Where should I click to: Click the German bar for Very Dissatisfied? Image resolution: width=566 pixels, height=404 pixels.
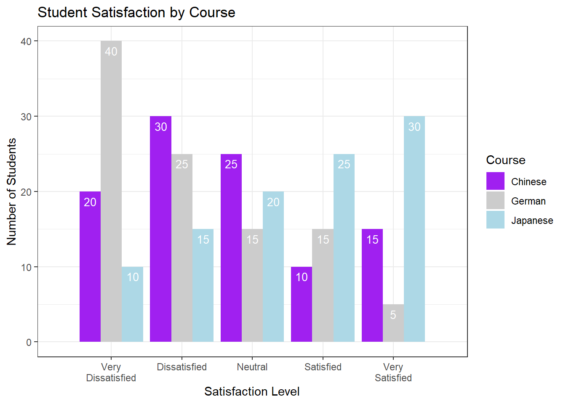pyautogui.click(x=111, y=191)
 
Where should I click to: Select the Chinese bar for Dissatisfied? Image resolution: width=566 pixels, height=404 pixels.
pyautogui.click(x=160, y=229)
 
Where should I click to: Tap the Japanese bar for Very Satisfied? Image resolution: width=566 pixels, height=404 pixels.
pyautogui.click(x=414, y=229)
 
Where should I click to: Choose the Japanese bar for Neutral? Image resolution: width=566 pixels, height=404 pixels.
pyautogui.click(x=273, y=267)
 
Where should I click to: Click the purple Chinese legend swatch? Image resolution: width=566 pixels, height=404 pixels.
pyautogui.click(x=495, y=181)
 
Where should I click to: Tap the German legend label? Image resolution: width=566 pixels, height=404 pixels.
pyautogui.click(x=528, y=201)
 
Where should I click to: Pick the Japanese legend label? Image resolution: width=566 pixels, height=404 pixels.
pyautogui.click(x=532, y=221)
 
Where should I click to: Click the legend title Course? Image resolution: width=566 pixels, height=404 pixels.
pyautogui.click(x=505, y=160)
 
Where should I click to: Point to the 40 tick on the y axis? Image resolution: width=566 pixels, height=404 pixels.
pyautogui.click(x=26, y=41)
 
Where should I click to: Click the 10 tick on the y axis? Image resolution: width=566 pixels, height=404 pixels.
pyautogui.click(x=26, y=267)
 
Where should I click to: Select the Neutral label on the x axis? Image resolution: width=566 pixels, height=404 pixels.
pyautogui.click(x=252, y=367)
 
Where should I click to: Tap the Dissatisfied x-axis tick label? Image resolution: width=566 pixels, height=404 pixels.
pyautogui.click(x=182, y=367)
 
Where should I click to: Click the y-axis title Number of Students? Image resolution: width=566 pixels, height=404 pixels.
pyautogui.click(x=12, y=191)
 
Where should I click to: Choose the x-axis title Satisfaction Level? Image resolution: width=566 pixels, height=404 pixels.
pyautogui.click(x=252, y=391)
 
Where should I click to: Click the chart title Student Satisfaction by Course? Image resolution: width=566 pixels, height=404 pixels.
pyautogui.click(x=136, y=13)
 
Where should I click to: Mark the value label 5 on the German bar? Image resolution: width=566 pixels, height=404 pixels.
pyautogui.click(x=393, y=315)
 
